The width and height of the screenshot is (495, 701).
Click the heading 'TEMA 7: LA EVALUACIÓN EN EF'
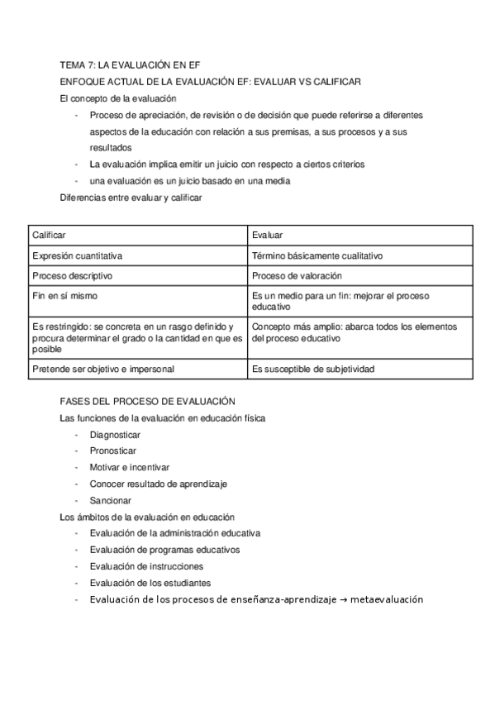coord(131,64)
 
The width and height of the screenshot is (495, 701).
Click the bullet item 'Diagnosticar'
coord(115,435)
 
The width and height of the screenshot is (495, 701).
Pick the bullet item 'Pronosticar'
coord(113,451)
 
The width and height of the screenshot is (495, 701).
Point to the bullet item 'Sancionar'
coord(110,500)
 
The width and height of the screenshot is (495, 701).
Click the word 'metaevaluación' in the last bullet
coord(386,599)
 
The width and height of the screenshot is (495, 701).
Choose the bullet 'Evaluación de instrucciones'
coord(146,566)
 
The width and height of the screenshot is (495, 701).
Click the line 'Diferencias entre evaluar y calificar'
coord(131,197)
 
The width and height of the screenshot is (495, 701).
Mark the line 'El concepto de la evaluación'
coord(118,98)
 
